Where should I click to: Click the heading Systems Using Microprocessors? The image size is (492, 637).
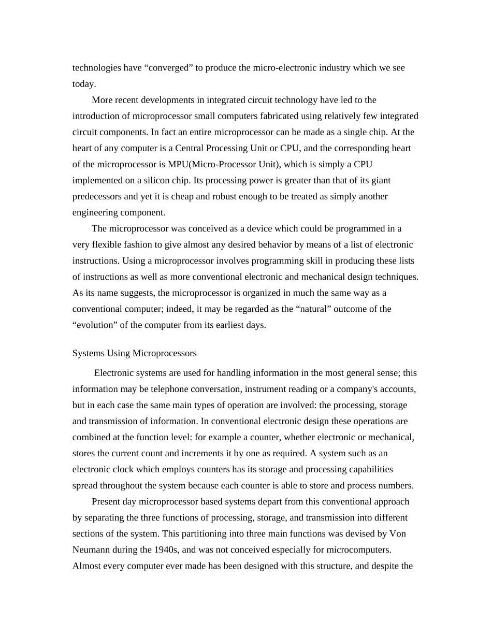point(134,353)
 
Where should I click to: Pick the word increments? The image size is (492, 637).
point(191,453)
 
